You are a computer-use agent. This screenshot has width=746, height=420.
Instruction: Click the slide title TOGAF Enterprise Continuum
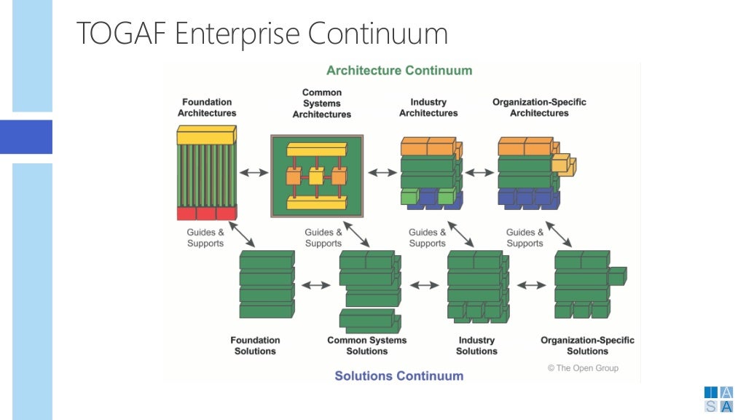click(x=262, y=34)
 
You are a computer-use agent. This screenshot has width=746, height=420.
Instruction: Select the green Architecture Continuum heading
click(x=399, y=71)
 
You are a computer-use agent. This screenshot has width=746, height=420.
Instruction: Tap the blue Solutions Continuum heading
click(x=398, y=376)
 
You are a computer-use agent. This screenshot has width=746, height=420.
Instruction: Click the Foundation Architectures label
click(x=207, y=108)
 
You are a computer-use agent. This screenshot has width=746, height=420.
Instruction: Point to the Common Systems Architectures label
click(x=321, y=104)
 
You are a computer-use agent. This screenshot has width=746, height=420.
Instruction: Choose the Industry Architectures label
click(x=428, y=108)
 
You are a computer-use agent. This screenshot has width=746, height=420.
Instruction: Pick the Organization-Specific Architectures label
click(x=539, y=108)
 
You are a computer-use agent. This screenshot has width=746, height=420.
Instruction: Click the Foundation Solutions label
click(x=255, y=346)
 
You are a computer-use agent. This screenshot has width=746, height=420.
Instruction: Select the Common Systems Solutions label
click(x=366, y=346)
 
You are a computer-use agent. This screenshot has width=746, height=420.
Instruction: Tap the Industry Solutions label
click(x=476, y=346)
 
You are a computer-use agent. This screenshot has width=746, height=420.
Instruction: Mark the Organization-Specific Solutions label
click(x=587, y=346)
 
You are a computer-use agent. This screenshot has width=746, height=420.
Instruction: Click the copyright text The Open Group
click(x=583, y=368)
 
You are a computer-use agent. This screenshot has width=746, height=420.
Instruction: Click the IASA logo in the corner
click(x=718, y=400)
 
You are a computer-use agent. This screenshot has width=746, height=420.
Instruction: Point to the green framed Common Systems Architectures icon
click(x=317, y=176)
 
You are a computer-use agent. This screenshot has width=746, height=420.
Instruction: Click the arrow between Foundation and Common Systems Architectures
click(x=254, y=173)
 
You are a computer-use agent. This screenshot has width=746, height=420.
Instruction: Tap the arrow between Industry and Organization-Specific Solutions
click(x=531, y=285)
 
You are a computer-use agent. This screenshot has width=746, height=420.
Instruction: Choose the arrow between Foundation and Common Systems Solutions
click(x=316, y=285)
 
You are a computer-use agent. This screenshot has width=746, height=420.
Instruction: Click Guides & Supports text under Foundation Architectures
click(x=205, y=238)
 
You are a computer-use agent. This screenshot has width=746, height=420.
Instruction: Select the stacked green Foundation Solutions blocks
click(x=267, y=284)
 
